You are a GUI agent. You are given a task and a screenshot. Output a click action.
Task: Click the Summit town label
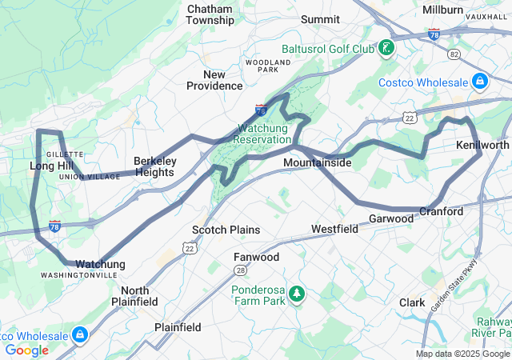(320, 18)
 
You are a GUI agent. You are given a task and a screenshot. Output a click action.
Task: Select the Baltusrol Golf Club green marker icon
(386, 48)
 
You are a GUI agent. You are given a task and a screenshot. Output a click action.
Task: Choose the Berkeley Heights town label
(154, 166)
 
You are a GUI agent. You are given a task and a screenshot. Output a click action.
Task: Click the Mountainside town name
(317, 162)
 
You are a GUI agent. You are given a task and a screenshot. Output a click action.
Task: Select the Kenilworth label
(482, 146)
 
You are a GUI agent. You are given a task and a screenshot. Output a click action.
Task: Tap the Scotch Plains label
(226, 230)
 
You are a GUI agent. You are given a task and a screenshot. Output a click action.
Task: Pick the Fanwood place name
(256, 257)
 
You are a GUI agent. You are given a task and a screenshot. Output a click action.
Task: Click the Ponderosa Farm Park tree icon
(297, 295)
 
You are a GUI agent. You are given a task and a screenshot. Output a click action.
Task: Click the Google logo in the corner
(26, 350)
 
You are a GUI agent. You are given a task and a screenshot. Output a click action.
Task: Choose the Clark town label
(412, 302)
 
